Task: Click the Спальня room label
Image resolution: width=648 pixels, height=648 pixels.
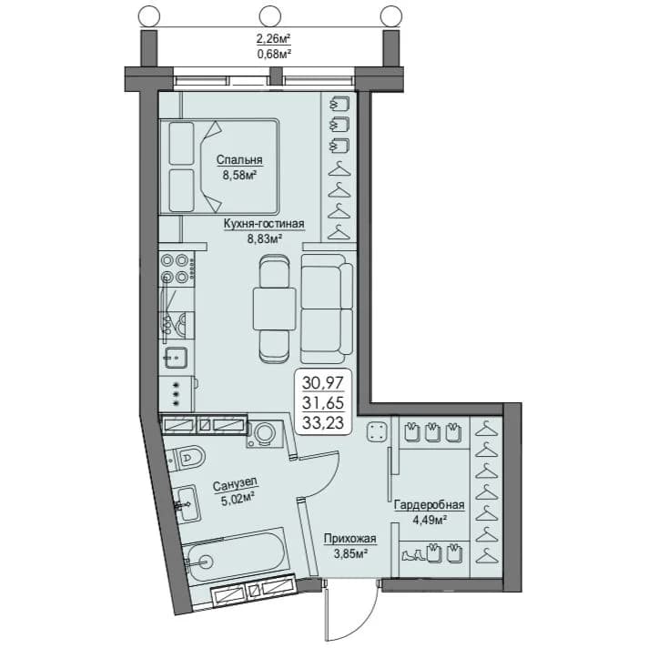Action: tap(239, 160)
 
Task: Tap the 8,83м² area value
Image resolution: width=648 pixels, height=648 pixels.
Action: tap(265, 238)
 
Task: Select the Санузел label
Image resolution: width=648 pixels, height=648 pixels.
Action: tap(235, 484)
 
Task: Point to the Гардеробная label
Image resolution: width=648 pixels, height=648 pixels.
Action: tap(429, 505)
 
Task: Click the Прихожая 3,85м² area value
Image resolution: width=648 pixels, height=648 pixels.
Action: tap(351, 553)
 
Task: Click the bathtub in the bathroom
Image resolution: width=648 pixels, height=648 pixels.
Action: tap(237, 552)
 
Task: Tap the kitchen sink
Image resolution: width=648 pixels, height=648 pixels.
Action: tap(176, 357)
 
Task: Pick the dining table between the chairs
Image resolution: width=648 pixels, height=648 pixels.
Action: tap(275, 309)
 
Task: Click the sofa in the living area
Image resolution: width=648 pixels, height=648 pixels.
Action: tap(328, 309)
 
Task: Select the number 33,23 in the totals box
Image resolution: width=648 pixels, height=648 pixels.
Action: tap(323, 422)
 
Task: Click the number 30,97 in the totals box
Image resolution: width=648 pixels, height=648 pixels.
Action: tap(323, 382)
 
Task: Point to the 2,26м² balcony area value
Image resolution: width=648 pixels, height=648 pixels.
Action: tap(274, 39)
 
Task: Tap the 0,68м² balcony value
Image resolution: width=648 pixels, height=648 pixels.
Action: tap(274, 53)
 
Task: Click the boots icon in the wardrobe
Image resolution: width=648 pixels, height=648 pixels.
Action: tap(412, 554)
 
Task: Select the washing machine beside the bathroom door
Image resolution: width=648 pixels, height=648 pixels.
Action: tap(265, 434)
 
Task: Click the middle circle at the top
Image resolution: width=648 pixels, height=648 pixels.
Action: tap(270, 16)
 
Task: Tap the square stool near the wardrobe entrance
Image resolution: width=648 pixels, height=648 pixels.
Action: tap(377, 432)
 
